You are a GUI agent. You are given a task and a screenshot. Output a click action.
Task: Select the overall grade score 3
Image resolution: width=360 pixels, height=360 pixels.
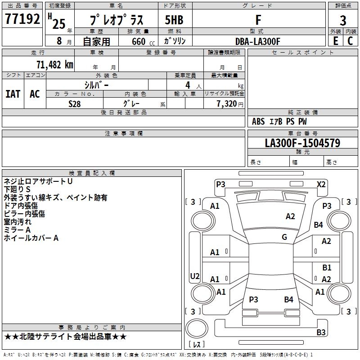coord(343,20)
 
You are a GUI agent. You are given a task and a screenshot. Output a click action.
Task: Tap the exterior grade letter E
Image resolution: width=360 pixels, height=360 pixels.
coord(335,40)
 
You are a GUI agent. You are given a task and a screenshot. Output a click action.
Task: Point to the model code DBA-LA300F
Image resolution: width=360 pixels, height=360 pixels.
coord(258,41)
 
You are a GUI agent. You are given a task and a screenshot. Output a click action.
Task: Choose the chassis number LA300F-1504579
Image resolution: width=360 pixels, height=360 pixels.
coord(302,143)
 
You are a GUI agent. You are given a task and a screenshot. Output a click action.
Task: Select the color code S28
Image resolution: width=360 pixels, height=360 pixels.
coord(74,103)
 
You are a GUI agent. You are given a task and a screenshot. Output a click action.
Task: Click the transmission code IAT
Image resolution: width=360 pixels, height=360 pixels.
coord(13,94)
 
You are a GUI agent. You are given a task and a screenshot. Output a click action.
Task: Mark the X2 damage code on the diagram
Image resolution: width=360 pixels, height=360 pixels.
coord(321,184)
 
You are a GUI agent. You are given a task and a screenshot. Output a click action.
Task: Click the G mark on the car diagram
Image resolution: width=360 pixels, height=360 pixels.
coord(284,237)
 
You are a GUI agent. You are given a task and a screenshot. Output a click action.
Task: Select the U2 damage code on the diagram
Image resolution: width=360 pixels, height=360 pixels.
coord(195,276)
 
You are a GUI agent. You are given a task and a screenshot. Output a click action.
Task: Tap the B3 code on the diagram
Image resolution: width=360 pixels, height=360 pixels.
coord(321,333)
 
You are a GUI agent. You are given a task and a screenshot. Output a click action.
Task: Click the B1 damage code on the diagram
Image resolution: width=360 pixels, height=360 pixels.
coord(327,268)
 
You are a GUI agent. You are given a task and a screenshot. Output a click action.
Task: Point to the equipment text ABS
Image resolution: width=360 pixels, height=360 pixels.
coord(258,121)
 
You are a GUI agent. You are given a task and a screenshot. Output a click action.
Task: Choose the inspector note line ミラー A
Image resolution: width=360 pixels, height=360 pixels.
coord(17,230)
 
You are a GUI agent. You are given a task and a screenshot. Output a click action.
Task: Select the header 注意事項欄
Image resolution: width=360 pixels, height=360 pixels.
coord(124,134)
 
